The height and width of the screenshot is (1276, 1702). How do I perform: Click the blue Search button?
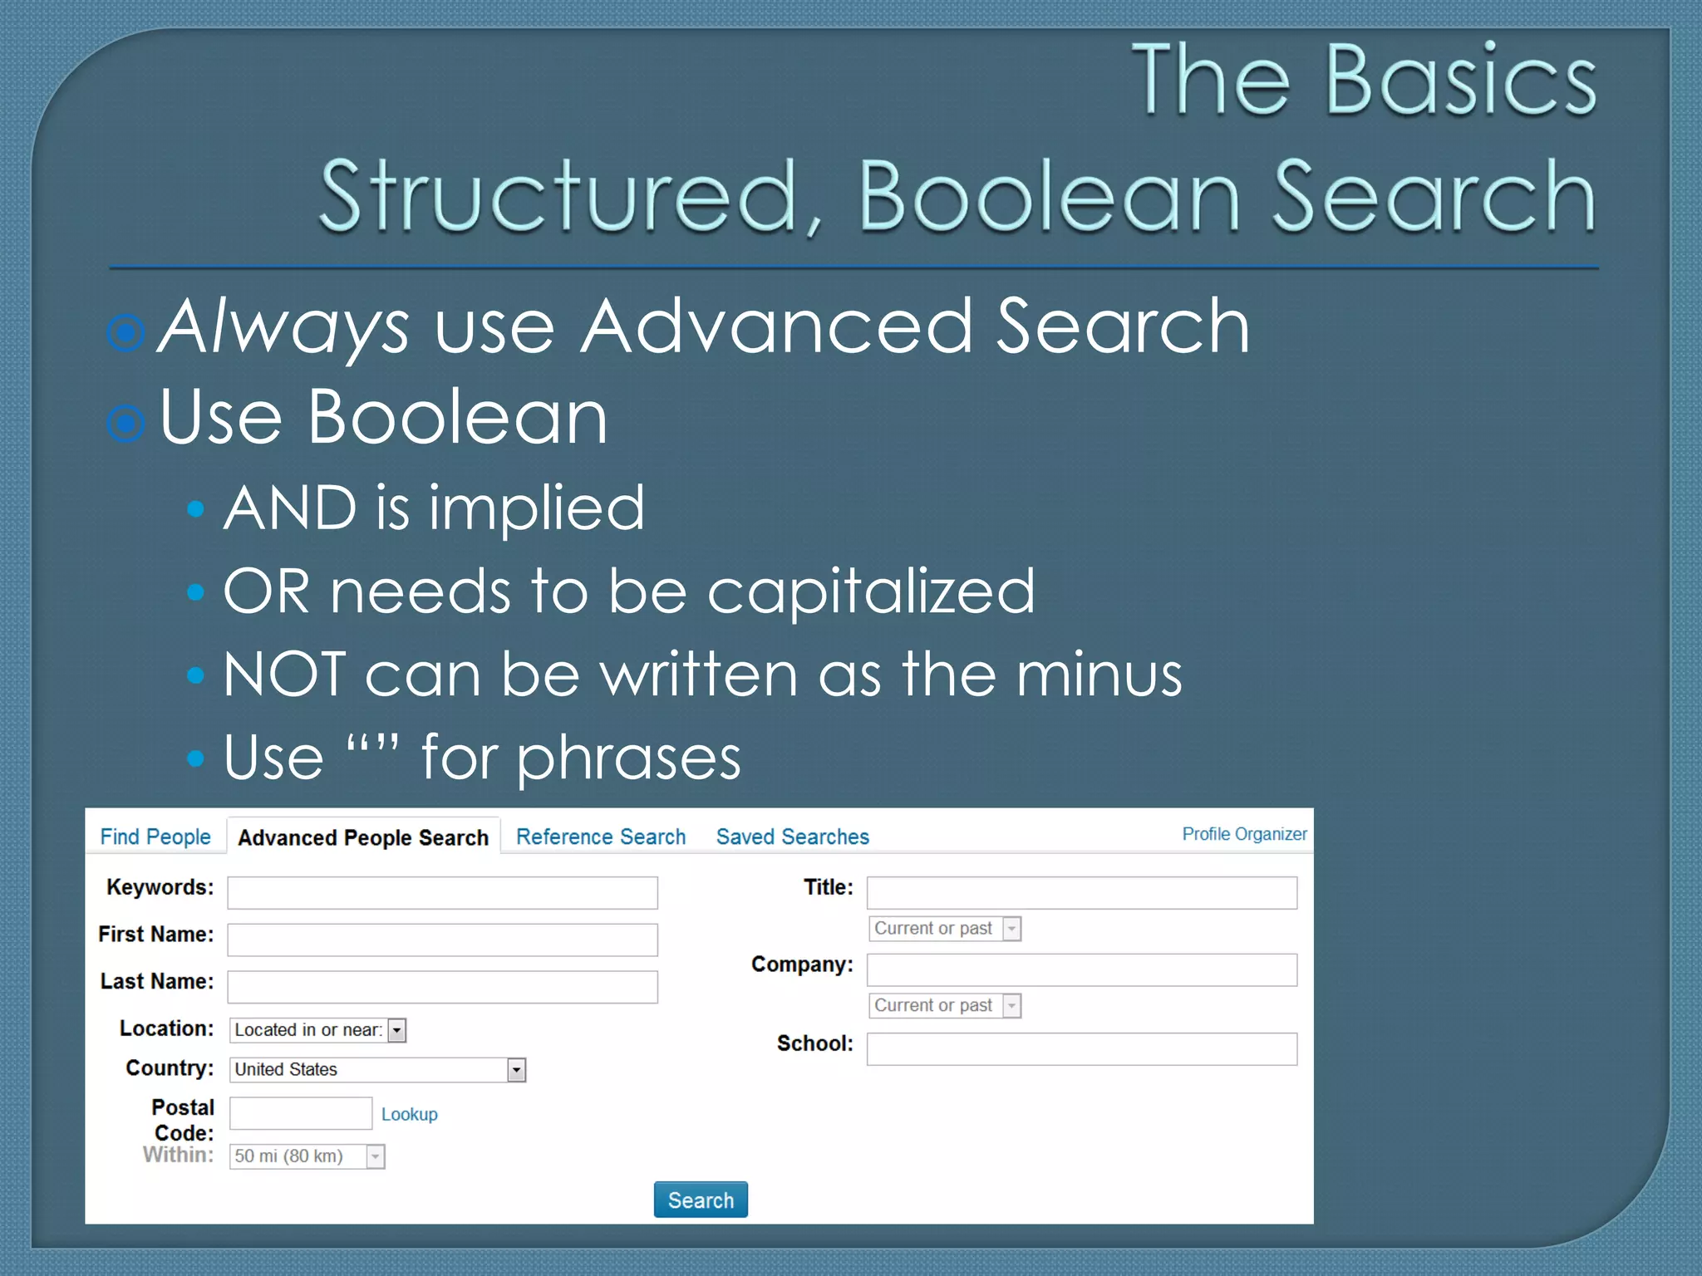coord(700,1200)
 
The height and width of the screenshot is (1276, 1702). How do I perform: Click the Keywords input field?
coord(442,893)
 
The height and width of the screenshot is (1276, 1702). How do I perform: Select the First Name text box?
coord(442,940)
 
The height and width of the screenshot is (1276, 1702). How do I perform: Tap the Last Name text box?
coord(442,987)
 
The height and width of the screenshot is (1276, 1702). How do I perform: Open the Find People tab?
coord(155,837)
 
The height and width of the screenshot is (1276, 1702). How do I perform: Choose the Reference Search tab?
coord(600,837)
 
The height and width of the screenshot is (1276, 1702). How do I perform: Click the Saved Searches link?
coord(792,837)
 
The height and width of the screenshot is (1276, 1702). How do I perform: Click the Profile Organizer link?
coord(1243,834)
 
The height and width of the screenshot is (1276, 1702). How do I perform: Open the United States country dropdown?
coord(377,1070)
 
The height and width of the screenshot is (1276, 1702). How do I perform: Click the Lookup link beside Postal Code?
coord(409,1114)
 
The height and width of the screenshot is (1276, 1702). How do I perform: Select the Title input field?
coord(1081,893)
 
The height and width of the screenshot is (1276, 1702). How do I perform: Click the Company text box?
coord(1081,969)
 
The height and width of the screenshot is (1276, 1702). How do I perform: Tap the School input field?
coord(1081,1049)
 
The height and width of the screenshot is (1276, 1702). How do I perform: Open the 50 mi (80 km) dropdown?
coord(307,1156)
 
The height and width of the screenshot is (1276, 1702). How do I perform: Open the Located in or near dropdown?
coord(317,1030)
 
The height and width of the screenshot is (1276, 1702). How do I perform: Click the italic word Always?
coord(283,327)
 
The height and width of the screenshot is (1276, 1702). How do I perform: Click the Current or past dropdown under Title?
coord(944,929)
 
